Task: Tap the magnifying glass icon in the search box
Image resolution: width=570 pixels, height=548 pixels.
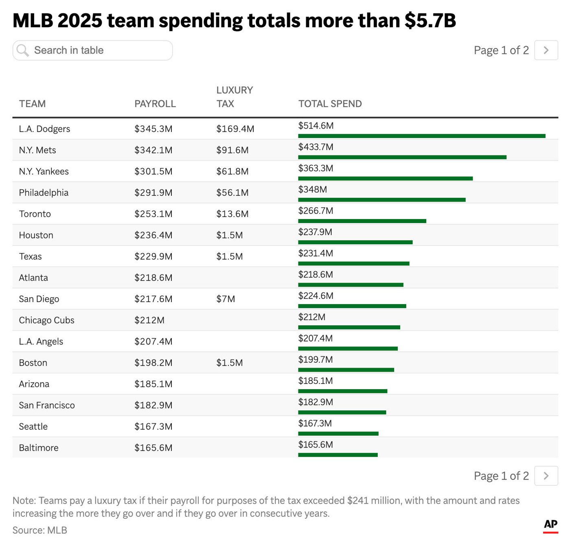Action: [22, 50]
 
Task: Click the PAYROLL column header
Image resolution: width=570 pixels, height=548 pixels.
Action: [155, 104]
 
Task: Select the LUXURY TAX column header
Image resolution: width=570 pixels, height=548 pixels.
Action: [234, 97]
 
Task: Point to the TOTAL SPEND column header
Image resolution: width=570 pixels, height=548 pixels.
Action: [330, 104]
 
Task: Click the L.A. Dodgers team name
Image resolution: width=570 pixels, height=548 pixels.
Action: [44, 129]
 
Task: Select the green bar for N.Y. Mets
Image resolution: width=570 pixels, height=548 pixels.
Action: [402, 157]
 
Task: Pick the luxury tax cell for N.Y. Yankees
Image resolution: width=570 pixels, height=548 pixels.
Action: [232, 171]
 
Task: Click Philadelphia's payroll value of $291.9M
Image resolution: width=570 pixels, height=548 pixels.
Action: [153, 193]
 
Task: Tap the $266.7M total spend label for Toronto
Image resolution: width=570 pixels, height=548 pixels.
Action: [316, 211]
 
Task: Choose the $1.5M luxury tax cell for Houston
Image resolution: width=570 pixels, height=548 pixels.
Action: [229, 235]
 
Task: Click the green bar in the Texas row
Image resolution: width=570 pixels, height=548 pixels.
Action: [353, 263]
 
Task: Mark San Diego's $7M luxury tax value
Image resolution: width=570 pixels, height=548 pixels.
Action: [226, 299]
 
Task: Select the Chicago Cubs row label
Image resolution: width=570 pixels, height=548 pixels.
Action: [46, 320]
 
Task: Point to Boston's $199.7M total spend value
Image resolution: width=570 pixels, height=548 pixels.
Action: [316, 359]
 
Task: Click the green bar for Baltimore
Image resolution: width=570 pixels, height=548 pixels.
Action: [338, 455]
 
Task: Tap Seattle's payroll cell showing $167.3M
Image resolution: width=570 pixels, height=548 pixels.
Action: [153, 427]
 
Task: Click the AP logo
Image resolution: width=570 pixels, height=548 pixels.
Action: [550, 525]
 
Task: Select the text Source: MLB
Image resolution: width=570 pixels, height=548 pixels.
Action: [39, 530]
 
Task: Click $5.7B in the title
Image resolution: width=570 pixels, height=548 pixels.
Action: [430, 20]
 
